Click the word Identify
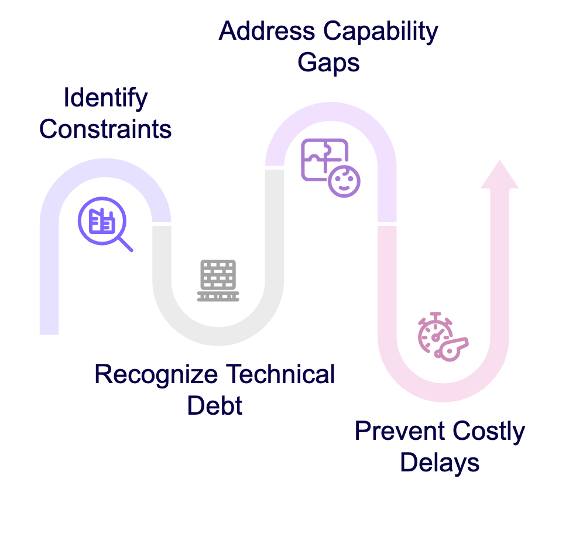(x=105, y=98)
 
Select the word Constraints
(x=105, y=129)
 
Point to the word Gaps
(x=328, y=63)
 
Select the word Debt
(x=215, y=405)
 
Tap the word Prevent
(x=400, y=432)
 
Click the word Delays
(x=440, y=463)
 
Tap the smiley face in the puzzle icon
(x=344, y=181)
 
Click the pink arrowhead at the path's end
(x=499, y=175)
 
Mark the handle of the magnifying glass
(x=125, y=243)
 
